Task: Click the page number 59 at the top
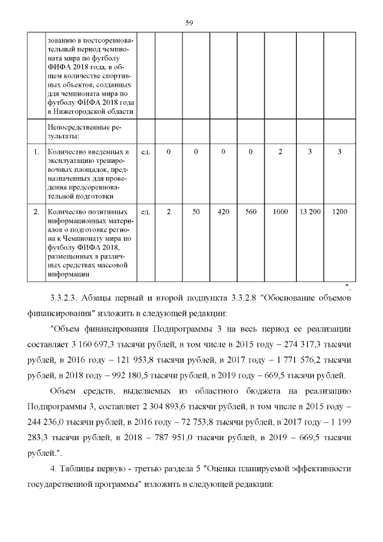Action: tap(189, 23)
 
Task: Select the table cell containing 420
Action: tap(223, 211)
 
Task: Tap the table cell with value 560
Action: tap(251, 211)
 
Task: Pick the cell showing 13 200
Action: tap(310, 211)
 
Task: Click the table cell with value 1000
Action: tap(279, 211)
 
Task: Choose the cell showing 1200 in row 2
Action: tap(339, 211)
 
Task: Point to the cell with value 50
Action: tap(196, 211)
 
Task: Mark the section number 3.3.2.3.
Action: tap(67, 298)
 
